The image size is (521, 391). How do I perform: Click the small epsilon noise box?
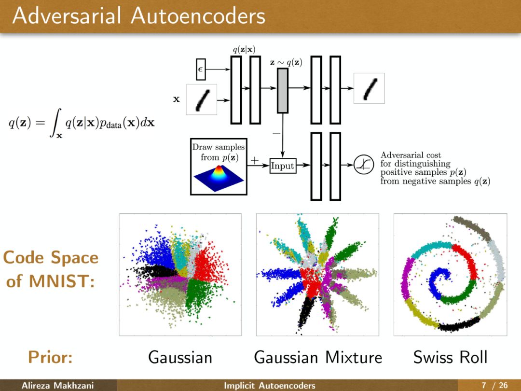coord(201,69)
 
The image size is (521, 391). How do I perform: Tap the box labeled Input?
coord(282,166)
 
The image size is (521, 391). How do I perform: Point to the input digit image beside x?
coord(202,99)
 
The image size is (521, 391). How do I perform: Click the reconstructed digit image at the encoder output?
coord(369,88)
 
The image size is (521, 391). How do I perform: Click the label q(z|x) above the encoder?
coord(244,49)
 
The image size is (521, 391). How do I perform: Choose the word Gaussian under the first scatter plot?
coord(180,358)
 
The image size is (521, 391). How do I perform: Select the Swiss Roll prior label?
coord(450,358)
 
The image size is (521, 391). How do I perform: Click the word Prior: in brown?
coord(50,358)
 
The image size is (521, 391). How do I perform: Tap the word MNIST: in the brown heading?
coord(63,281)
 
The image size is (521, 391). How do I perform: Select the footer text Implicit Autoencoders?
coord(269,385)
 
